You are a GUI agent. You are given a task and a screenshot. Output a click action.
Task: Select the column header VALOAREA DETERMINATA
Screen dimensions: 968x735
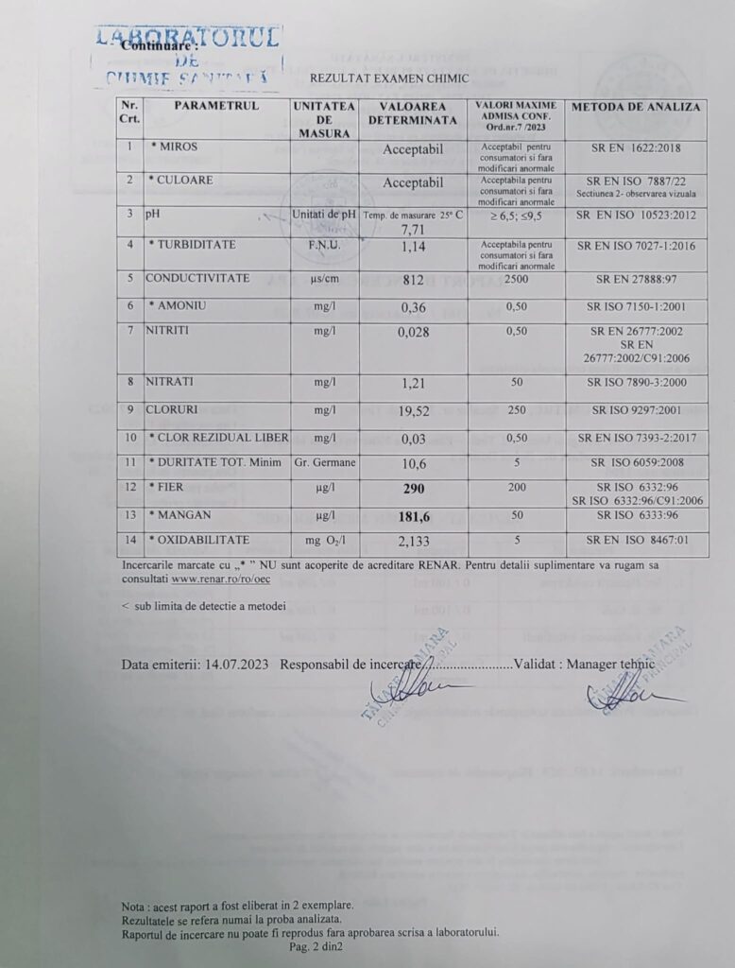pos(412,114)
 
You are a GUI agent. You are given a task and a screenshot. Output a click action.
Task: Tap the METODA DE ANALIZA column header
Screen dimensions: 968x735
pos(635,106)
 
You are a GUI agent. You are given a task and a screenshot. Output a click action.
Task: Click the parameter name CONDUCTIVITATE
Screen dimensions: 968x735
pos(197,278)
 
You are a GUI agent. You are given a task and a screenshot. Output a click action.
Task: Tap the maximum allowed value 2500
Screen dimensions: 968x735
pos(516,279)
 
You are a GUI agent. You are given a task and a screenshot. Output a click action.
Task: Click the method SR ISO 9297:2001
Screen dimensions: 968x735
pos(634,411)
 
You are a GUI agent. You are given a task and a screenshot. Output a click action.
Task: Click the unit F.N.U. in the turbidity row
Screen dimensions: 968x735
pos(323,245)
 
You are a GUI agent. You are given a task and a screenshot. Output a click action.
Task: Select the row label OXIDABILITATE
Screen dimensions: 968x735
pos(200,539)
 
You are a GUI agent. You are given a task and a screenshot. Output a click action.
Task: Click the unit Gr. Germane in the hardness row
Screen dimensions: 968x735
pos(325,463)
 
